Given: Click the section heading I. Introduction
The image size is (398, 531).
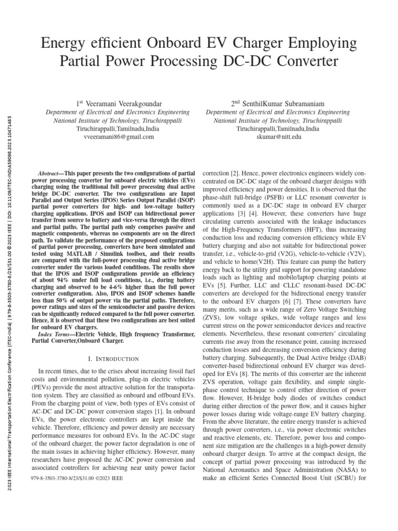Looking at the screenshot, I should tap(113, 359).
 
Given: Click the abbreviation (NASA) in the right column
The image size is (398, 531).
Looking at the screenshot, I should tap(343, 470).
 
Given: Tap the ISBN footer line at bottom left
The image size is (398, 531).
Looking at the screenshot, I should tap(77, 479).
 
